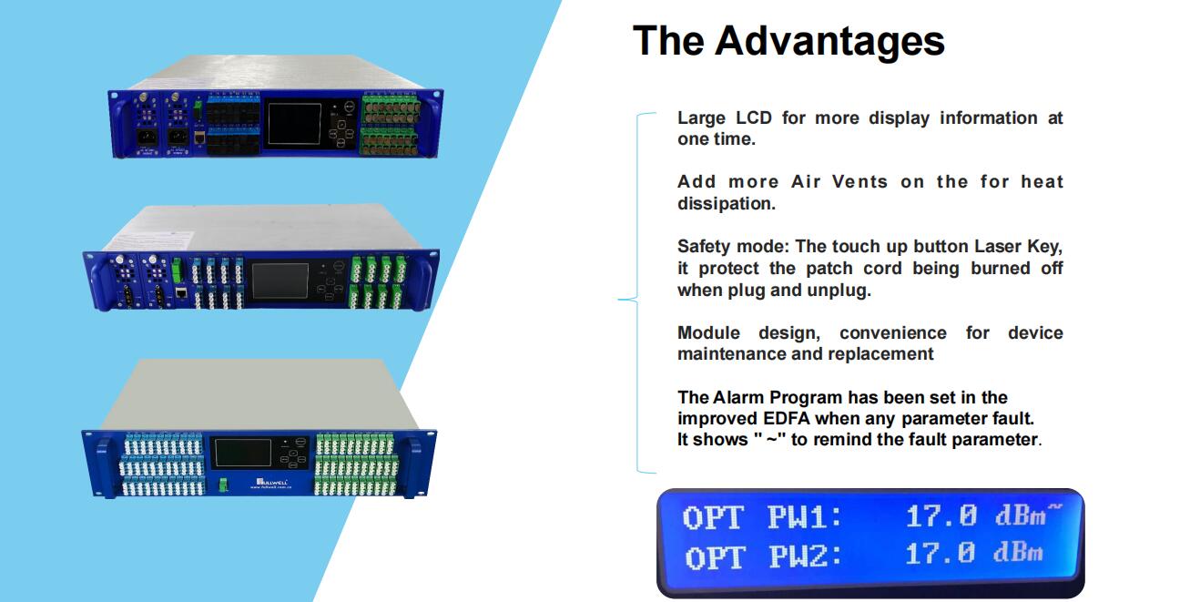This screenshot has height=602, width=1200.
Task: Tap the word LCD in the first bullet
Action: click(753, 117)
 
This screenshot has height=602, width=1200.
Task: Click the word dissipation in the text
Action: click(726, 204)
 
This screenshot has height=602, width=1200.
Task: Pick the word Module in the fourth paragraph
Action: click(708, 333)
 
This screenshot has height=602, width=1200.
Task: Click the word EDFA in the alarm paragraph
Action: click(787, 418)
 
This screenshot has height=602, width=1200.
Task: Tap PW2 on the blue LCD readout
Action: click(805, 556)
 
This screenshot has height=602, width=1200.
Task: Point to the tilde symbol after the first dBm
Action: click(1054, 506)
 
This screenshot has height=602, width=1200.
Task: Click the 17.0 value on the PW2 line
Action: click(941, 553)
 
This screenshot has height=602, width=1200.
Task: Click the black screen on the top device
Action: click(294, 124)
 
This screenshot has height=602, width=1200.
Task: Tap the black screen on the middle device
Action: click(280, 281)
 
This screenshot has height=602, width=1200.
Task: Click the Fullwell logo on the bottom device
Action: click(271, 483)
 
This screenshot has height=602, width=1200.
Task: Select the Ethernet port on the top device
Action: click(199, 138)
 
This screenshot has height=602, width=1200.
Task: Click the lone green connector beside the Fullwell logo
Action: click(223, 485)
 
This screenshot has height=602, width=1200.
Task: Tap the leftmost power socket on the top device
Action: click(147, 138)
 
